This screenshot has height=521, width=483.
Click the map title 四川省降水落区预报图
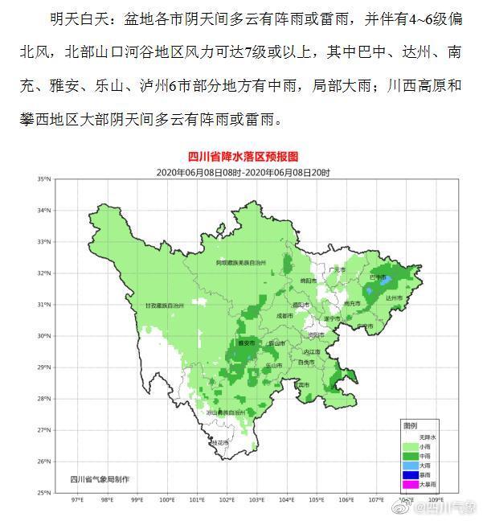(242, 158)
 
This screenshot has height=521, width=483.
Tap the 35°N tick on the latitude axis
(44, 178)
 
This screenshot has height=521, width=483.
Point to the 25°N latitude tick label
(44, 492)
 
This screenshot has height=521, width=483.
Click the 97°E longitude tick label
(78, 499)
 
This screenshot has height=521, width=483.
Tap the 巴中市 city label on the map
(376, 277)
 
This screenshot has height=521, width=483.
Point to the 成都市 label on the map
(285, 316)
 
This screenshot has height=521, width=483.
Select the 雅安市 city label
(246, 343)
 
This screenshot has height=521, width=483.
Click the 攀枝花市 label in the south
(219, 442)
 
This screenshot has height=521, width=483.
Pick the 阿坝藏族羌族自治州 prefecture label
(252, 262)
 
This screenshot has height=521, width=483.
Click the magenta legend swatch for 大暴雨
(409, 484)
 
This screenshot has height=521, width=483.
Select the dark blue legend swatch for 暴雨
(409, 474)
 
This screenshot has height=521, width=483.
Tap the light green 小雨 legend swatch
(409, 446)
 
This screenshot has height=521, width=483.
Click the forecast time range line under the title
(242, 172)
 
